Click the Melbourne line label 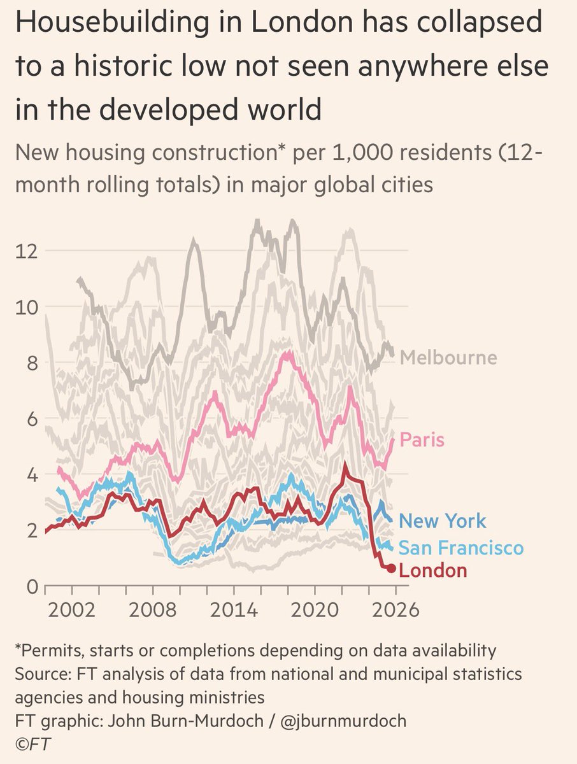pos(448,357)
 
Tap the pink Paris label pos(421,440)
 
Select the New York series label pos(442,521)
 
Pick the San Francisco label pos(461,548)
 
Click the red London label pos(432,570)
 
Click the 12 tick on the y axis pos(27,250)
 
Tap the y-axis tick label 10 pos(27,306)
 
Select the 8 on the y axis pos(32,362)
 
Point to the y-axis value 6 pos(32,418)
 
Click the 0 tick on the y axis pos(32,586)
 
